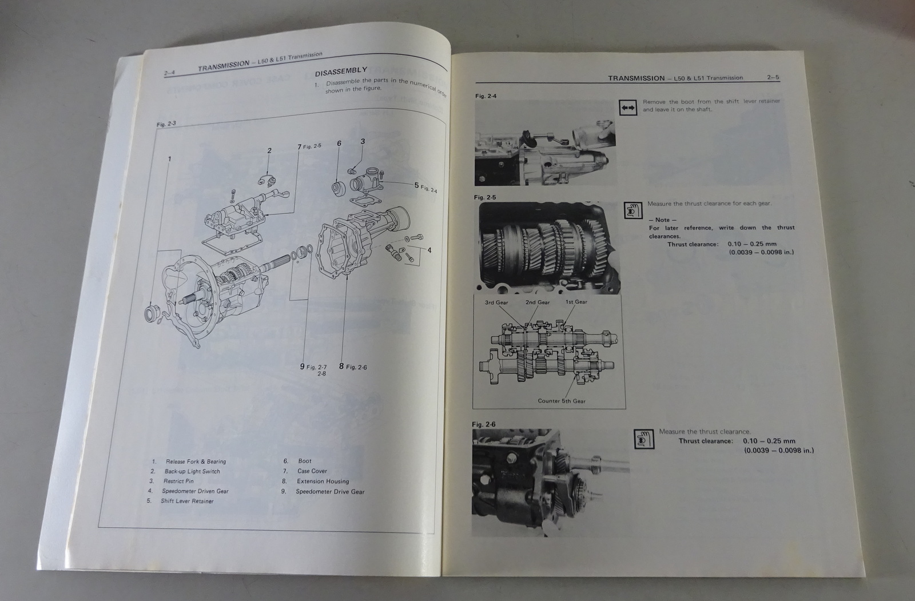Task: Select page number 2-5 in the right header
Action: click(773, 78)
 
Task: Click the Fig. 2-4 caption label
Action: click(486, 96)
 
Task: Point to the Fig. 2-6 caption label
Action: click(484, 424)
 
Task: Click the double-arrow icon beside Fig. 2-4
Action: click(627, 107)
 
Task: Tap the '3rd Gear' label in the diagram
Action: click(496, 303)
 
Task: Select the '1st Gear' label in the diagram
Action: click(576, 302)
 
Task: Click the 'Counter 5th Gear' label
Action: click(562, 401)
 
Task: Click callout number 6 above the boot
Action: click(339, 143)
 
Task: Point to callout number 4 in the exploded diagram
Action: click(429, 250)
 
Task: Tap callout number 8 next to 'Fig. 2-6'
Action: click(341, 366)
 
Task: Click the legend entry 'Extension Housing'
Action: click(323, 481)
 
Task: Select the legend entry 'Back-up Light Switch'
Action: click(192, 472)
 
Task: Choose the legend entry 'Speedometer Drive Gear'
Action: click(330, 492)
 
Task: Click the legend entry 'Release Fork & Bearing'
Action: click(196, 461)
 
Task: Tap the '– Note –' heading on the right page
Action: click(663, 220)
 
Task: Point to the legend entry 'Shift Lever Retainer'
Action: click(187, 502)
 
